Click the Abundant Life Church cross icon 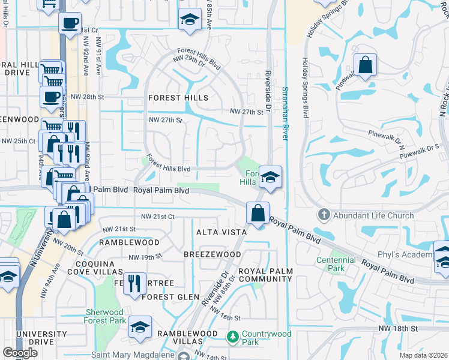tap(324, 215)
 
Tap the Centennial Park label tap(331, 264)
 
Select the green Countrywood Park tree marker tap(232, 338)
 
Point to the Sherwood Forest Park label tap(106, 316)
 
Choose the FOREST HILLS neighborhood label tap(179, 98)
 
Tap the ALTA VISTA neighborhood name tap(221, 232)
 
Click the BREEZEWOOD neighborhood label tap(212, 254)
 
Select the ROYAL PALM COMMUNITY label tap(265, 275)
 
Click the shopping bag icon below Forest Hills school tap(258, 213)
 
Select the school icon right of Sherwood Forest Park tap(140, 327)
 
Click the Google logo tap(20, 353)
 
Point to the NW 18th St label tap(397, 329)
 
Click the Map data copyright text tap(424, 355)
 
